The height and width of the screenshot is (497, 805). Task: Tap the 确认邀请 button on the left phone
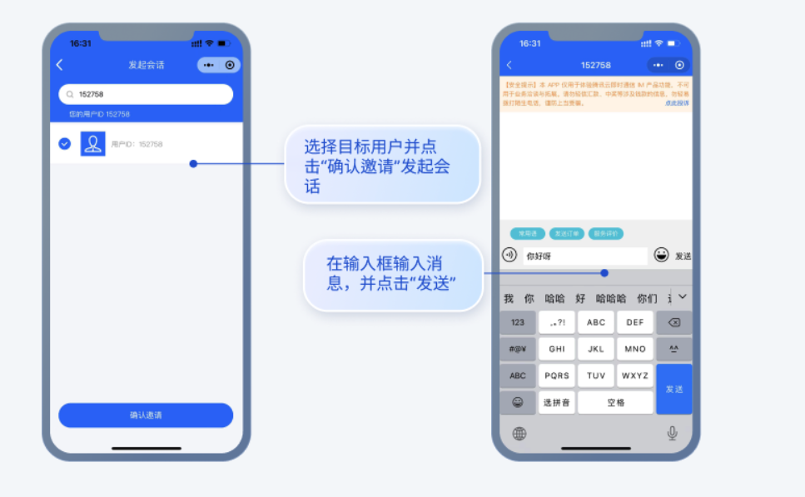point(146,415)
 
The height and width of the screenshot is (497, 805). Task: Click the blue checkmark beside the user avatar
point(64,144)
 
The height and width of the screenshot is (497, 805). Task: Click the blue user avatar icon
point(92,144)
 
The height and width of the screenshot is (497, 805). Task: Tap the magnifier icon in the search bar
point(71,95)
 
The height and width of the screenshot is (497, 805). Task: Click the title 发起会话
point(146,65)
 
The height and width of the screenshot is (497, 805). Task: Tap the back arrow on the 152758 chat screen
point(509,65)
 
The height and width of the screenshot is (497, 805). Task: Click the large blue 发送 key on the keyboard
point(673,389)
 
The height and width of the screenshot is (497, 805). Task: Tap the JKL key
point(596,350)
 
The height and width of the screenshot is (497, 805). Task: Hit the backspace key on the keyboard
point(673,323)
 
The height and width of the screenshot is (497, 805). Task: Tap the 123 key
point(518,323)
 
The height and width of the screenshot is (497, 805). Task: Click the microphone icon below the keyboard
point(672,433)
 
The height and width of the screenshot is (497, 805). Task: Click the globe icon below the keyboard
point(519,433)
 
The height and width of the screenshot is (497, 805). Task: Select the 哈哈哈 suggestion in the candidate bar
point(611,298)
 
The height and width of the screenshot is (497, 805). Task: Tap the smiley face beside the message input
point(661,255)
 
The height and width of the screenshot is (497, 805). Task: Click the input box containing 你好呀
point(584,256)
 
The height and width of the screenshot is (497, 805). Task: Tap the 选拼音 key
point(557,402)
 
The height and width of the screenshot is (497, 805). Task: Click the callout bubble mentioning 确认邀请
point(383,164)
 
